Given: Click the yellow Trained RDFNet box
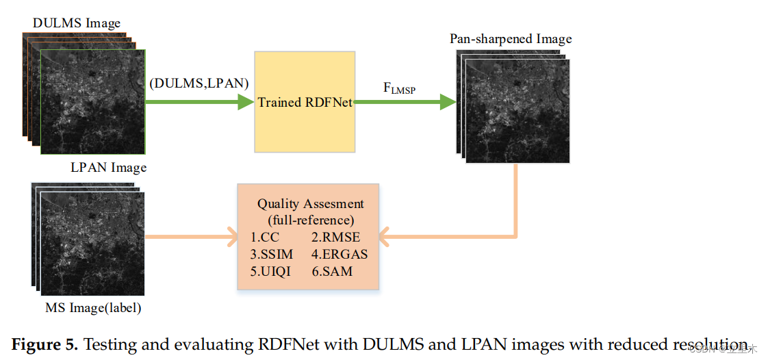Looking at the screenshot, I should (305, 101).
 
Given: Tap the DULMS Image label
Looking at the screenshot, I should (76, 23).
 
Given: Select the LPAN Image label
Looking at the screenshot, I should (108, 167).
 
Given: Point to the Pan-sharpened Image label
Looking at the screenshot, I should (511, 38).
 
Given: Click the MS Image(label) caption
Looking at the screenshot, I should (93, 308).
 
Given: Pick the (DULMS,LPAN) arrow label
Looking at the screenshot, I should (199, 83).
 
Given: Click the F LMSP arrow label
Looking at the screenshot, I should (399, 88).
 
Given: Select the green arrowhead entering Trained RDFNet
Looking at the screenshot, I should (246, 102).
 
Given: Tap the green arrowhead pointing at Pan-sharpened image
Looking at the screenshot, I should (448, 102).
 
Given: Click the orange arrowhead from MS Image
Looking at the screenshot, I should (230, 238).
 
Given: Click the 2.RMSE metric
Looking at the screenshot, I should (335, 237).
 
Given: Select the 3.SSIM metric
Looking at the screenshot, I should (272, 254).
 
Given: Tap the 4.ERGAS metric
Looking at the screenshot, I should (340, 254).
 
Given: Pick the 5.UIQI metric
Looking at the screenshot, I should (271, 271).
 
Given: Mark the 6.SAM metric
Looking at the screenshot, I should (332, 271).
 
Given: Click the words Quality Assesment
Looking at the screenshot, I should (310, 204).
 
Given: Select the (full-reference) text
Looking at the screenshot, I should (310, 220).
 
